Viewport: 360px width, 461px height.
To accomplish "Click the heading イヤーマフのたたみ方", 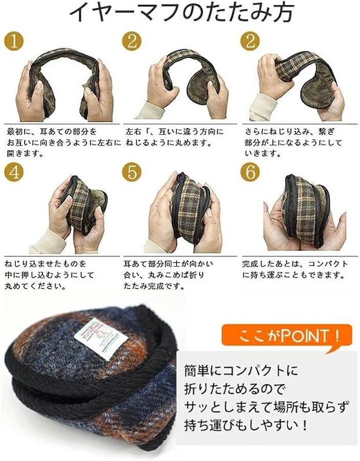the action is click(182, 13).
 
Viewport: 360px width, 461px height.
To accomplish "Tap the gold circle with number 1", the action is click(14, 41).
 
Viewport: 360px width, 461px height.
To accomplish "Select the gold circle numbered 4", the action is click(14, 172).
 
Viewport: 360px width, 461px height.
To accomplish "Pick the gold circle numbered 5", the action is click(132, 172).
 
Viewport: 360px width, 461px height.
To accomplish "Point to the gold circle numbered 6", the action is click(250, 172).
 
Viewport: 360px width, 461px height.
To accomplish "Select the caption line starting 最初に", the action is click(51, 132).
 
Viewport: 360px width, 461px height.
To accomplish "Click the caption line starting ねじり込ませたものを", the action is click(46, 264).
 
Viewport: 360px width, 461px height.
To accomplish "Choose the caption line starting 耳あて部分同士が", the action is click(168, 264).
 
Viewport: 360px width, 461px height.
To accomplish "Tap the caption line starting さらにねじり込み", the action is click(290, 132).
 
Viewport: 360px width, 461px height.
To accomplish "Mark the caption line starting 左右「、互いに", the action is click(175, 132).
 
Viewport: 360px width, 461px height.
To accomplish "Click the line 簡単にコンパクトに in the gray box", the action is click(241, 370).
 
